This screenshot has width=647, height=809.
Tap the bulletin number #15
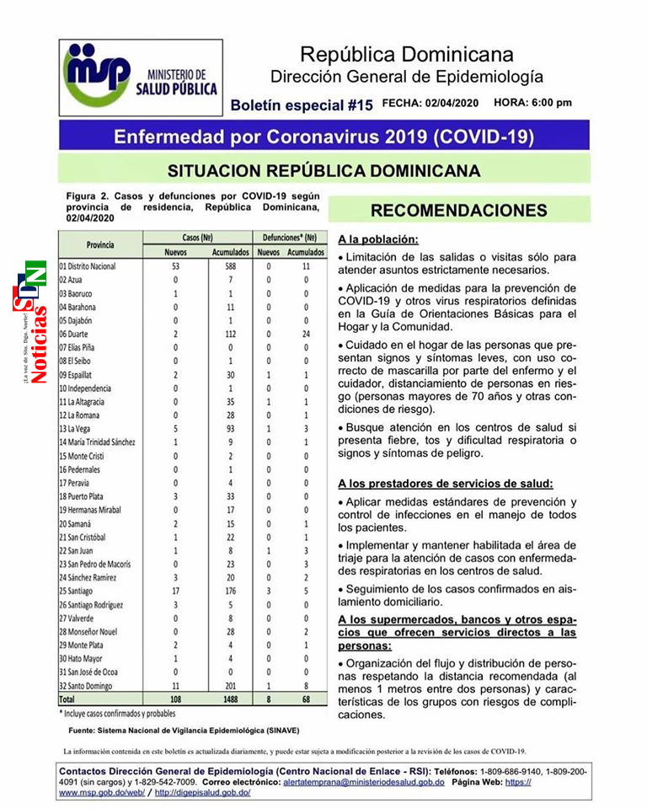[x=361, y=105]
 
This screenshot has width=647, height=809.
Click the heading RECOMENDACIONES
[x=458, y=211]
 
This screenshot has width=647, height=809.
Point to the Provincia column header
[x=100, y=244]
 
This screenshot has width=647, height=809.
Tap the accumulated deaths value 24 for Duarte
[x=306, y=334]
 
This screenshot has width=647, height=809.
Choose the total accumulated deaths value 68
[x=306, y=700]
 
